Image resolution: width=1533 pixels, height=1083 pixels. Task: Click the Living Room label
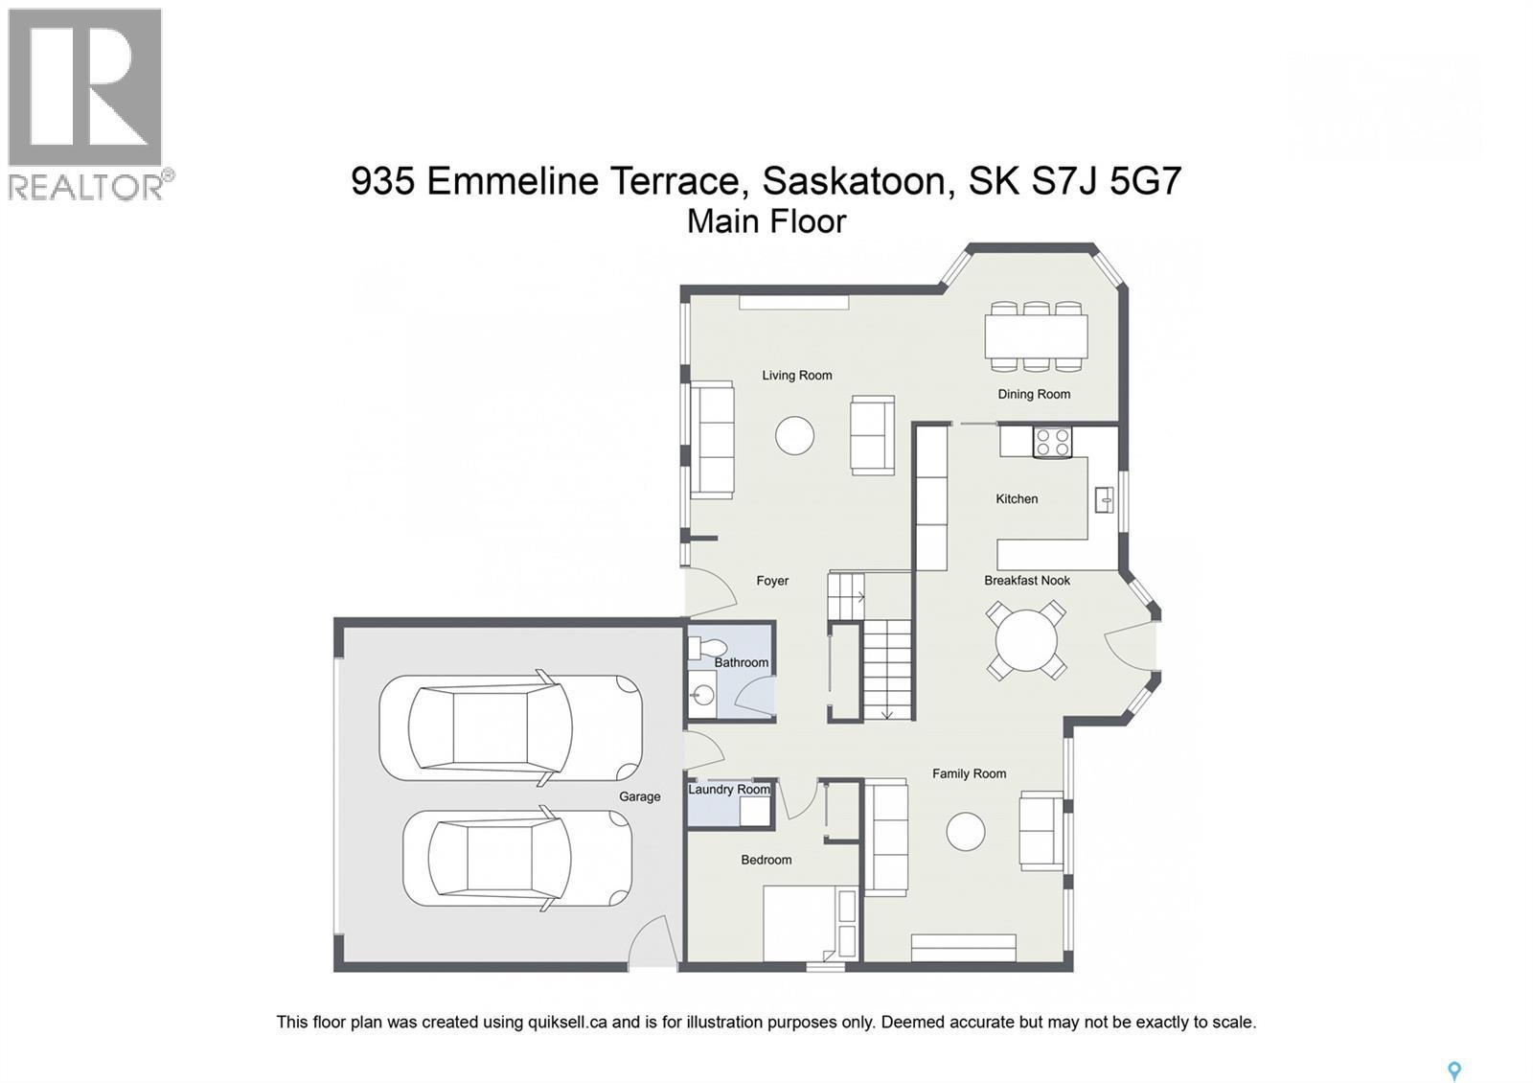[796, 376]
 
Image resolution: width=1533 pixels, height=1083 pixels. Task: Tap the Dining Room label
[1033, 394]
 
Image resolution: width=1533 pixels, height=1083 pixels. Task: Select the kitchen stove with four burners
[1052, 443]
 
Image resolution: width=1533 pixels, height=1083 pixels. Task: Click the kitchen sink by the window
[1104, 498]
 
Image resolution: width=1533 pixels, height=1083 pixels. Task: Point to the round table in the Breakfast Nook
[1026, 639]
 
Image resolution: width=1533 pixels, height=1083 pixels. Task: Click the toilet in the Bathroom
[696, 649]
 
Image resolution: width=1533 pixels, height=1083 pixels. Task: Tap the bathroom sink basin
[703, 695]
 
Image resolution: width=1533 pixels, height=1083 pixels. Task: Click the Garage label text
[639, 796]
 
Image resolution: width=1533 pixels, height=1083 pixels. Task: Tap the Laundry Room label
[729, 790]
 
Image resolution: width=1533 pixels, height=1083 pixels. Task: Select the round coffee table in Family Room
[965, 831]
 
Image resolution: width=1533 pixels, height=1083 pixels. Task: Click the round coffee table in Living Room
[794, 436]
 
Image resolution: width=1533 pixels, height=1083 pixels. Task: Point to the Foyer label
[772, 581]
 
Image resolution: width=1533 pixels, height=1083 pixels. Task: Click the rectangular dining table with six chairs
[1036, 336]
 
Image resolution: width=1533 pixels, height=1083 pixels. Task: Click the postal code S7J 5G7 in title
[1106, 181]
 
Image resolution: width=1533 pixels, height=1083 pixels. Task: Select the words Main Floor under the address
[766, 221]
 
